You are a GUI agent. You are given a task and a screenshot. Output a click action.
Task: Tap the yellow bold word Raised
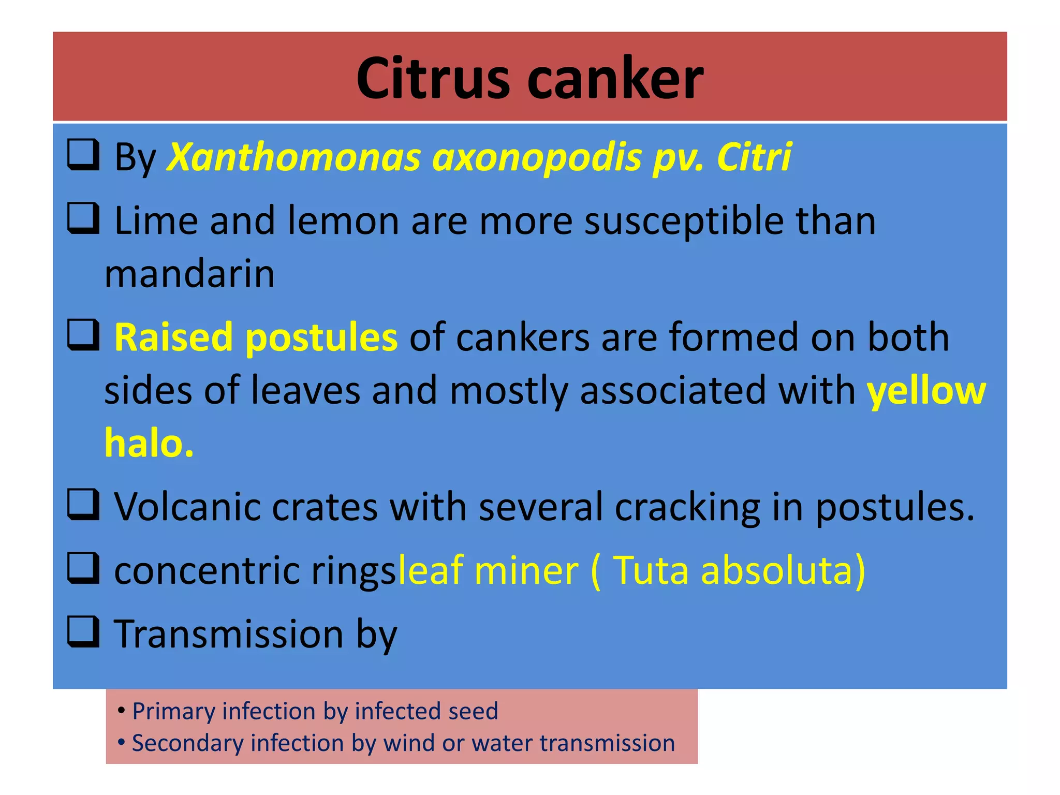tap(173, 337)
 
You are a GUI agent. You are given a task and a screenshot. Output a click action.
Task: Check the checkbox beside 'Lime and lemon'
tap(83, 218)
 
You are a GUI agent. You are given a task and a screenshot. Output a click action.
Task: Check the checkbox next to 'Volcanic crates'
tap(83, 504)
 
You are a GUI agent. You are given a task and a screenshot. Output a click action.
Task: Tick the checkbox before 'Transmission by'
tap(83, 632)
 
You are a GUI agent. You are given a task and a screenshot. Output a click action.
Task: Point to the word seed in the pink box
tap(473, 711)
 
